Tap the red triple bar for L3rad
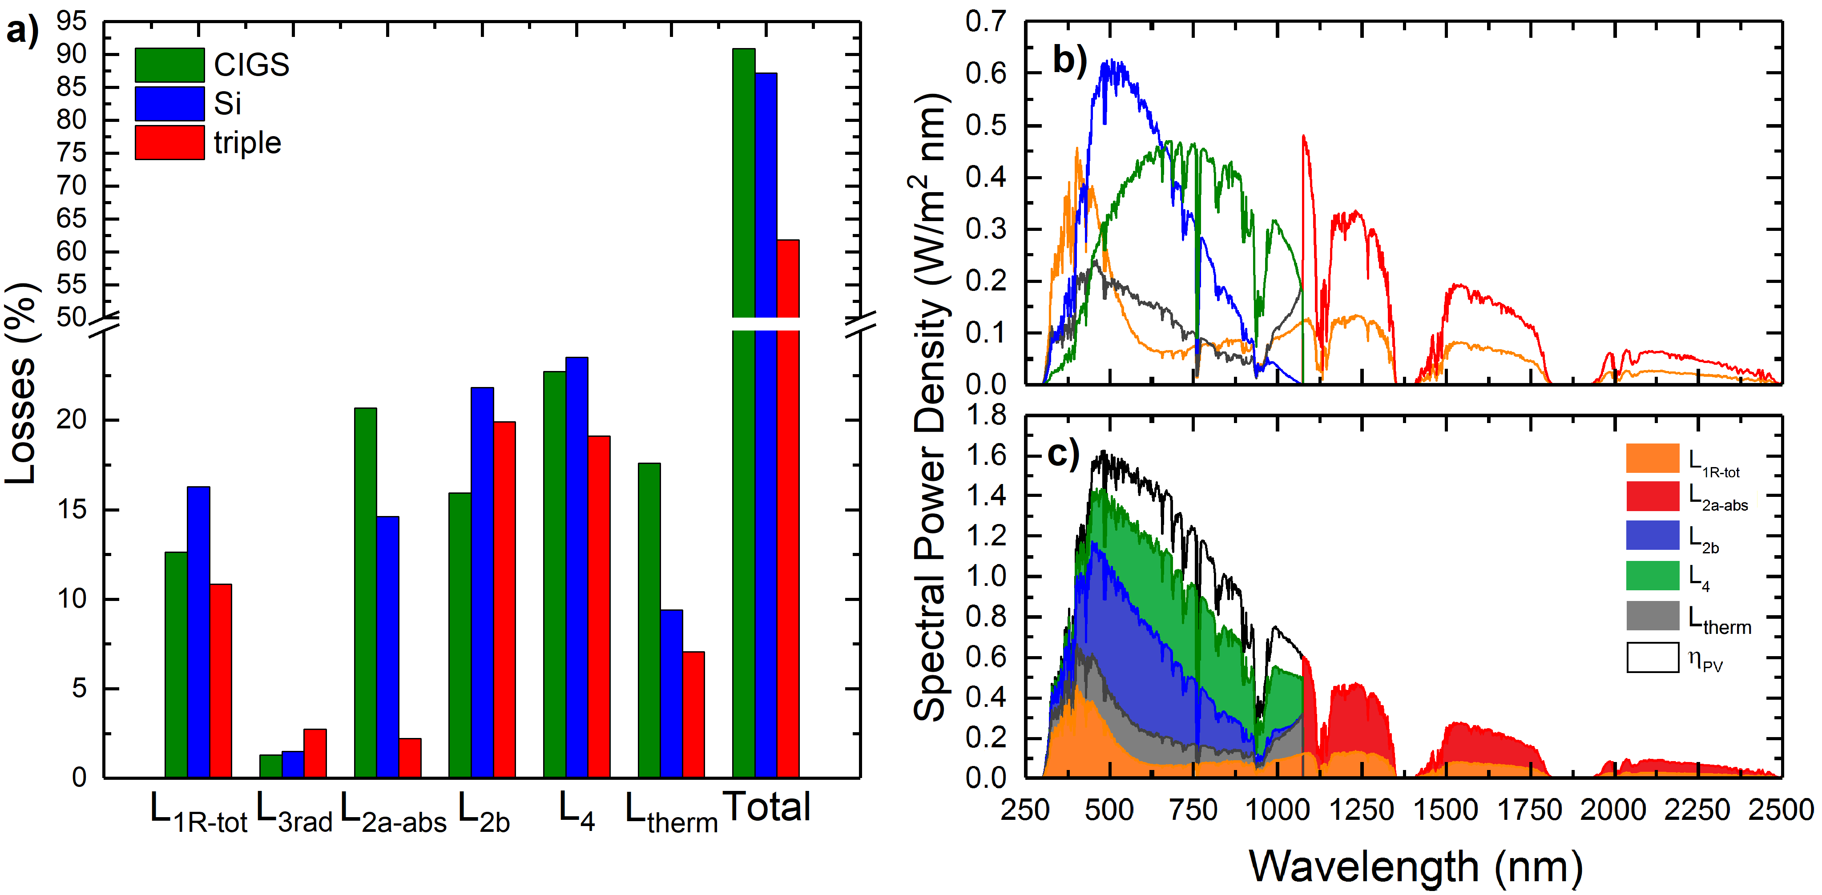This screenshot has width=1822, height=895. (x=315, y=754)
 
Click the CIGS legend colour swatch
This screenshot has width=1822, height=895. (x=170, y=65)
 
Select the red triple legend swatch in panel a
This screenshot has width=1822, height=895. (x=170, y=142)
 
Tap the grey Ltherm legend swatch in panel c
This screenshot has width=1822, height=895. (x=1652, y=616)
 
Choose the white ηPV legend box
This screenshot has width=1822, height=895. (x=1652, y=657)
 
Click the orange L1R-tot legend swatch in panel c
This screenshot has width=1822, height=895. (x=1652, y=458)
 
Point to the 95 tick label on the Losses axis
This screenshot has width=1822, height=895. (x=72, y=21)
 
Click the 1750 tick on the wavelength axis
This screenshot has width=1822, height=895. (x=1530, y=810)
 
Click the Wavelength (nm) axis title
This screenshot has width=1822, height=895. (x=1416, y=866)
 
